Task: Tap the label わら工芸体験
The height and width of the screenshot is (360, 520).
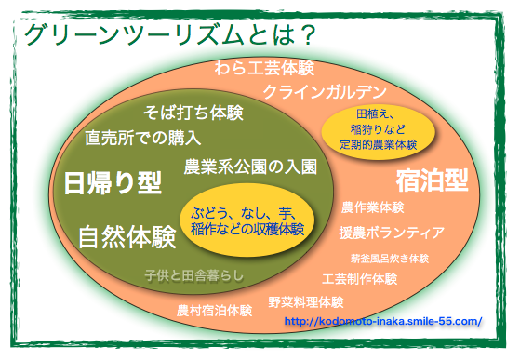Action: [264, 69]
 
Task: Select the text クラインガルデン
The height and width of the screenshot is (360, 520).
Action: [324, 92]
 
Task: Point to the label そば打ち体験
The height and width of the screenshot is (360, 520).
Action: [193, 113]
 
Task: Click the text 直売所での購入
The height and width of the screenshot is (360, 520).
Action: [142, 139]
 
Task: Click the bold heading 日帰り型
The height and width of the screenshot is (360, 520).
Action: [113, 183]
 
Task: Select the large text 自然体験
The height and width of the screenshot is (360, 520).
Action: [127, 237]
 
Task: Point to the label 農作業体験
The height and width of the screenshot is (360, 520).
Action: [372, 207]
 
